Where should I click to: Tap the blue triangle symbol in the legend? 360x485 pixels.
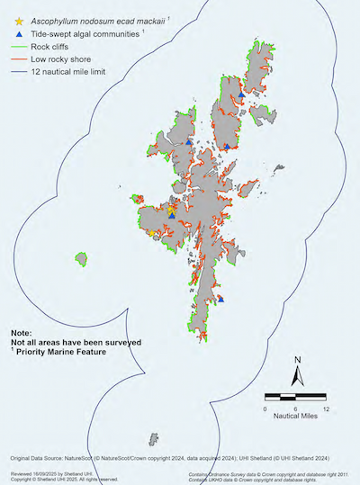tap(18, 32)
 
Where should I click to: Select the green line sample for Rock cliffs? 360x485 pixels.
tap(18, 46)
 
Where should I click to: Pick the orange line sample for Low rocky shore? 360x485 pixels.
tap(18, 58)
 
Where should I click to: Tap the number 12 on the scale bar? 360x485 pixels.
tap(326, 409)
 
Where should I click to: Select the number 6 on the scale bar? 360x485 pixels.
tap(295, 409)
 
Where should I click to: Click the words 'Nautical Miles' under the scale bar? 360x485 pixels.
tap(296, 418)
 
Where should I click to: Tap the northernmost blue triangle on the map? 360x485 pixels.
tap(242, 91)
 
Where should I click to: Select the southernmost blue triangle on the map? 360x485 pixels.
tap(221, 299)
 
